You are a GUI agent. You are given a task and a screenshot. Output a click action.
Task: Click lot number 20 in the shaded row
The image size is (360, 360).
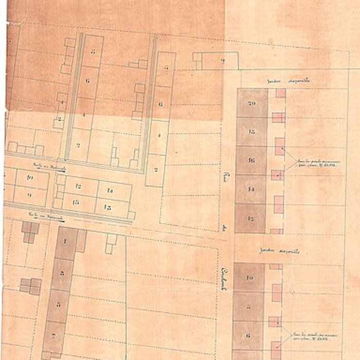point(251,103)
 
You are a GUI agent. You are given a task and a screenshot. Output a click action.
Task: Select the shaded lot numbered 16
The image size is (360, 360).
point(251,160)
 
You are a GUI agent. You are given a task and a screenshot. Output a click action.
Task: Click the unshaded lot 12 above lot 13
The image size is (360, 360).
point(79,186)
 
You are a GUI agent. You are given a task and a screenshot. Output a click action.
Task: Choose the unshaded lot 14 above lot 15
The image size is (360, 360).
point(109,190)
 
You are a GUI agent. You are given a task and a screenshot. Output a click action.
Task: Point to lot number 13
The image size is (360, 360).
point(76,202)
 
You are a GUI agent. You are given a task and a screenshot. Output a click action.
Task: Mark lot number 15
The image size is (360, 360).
point(108,207)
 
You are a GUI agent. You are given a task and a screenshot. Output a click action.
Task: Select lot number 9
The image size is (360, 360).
point(29,195)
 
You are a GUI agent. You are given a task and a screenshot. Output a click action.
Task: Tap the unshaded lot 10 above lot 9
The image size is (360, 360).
point(30,178)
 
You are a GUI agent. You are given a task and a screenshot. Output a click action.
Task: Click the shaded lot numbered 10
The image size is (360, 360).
point(248,278)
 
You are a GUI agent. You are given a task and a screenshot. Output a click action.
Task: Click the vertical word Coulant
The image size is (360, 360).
point(224,278)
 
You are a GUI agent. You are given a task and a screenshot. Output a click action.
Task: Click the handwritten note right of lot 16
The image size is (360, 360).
point(314,163)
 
